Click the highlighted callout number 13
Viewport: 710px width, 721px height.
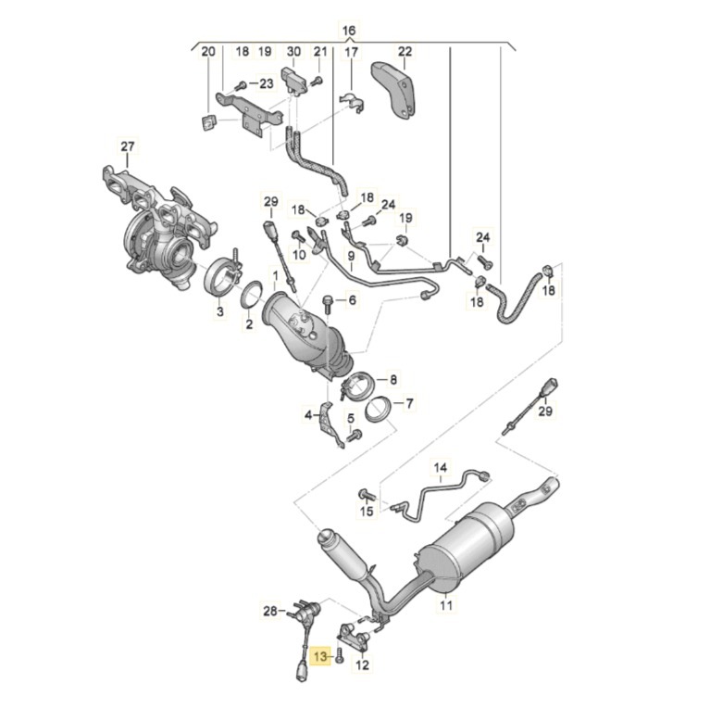click(x=320, y=656)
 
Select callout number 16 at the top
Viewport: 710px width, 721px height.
click(x=349, y=31)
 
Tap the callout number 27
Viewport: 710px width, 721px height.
click(x=128, y=146)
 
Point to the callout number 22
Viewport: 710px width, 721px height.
click(x=405, y=52)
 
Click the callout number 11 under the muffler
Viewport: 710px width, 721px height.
click(x=446, y=606)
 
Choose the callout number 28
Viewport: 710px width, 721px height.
click(x=270, y=611)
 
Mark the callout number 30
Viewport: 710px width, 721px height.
click(x=293, y=52)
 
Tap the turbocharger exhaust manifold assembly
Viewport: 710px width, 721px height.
click(x=157, y=222)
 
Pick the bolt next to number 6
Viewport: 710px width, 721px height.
click(x=328, y=301)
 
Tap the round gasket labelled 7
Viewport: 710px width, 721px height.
click(x=380, y=410)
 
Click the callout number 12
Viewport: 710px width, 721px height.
click(x=362, y=664)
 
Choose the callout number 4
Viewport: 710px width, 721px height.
click(x=309, y=416)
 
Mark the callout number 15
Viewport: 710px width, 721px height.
click(x=367, y=511)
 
